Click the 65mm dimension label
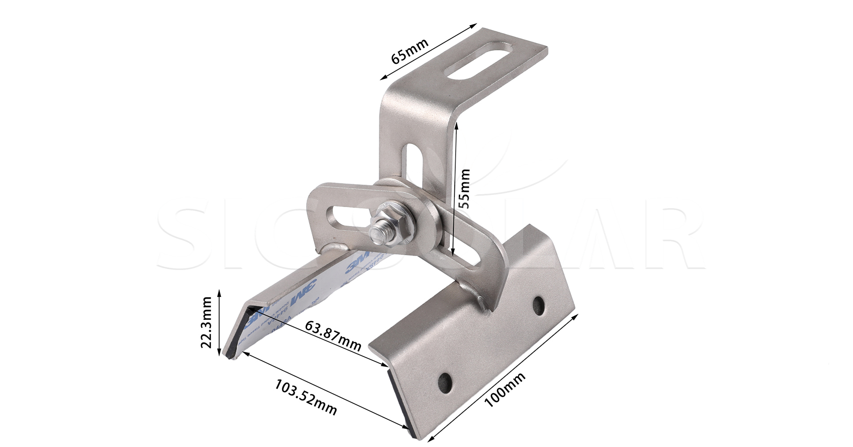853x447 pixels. click(409, 51)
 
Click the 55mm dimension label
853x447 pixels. click(465, 188)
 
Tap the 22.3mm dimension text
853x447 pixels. click(206, 322)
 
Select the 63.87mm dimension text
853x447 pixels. click(333, 336)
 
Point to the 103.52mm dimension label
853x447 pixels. click(305, 397)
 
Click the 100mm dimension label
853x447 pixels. click(505, 389)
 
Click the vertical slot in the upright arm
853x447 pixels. click(412, 159)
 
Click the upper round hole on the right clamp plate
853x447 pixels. click(538, 305)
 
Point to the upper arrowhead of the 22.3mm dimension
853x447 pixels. click(219, 292)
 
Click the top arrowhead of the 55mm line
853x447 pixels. click(456, 125)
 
